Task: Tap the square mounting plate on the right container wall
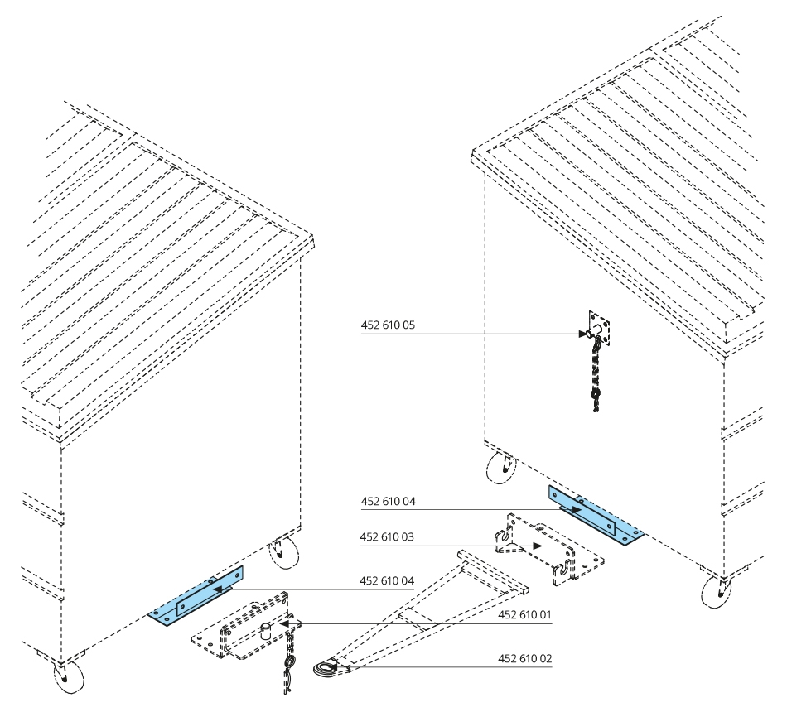pyautogui.click(x=600, y=330)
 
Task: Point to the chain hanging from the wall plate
pyautogui.click(x=594, y=373)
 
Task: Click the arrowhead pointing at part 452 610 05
pyautogui.click(x=583, y=334)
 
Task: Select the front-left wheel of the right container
pyautogui.click(x=499, y=468)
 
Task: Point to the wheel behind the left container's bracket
pyautogui.click(x=284, y=552)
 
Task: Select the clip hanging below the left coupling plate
pyautogui.click(x=288, y=669)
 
